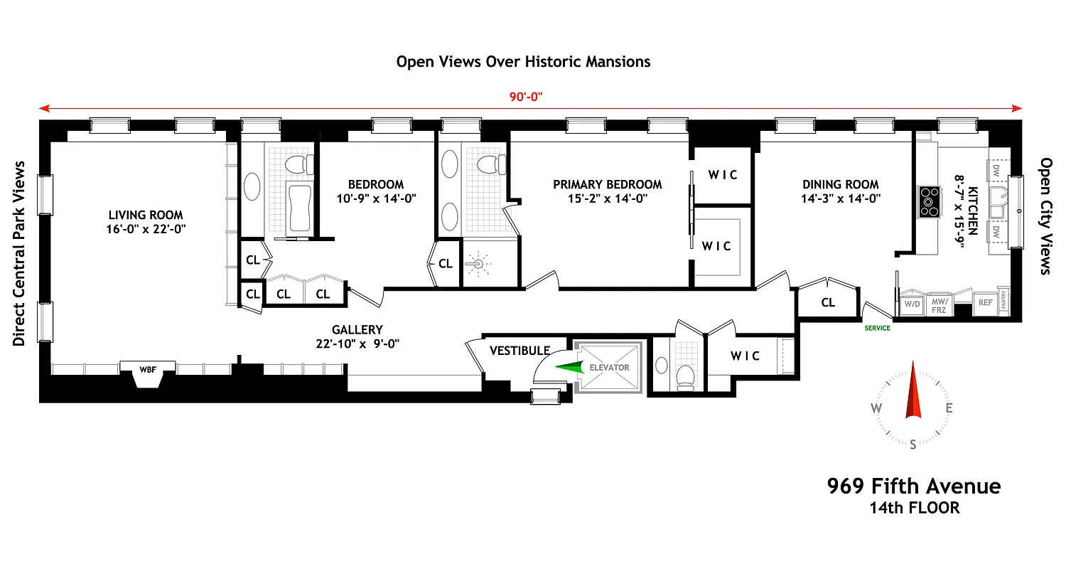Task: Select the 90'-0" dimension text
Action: (526, 97)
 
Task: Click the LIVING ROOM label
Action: (146, 215)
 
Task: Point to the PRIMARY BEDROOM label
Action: (608, 184)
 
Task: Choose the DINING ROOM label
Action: (841, 184)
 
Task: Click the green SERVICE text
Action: (877, 328)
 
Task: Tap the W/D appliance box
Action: (912, 303)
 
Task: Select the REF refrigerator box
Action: (985, 302)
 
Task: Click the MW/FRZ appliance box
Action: (940, 303)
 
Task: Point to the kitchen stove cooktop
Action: (929, 201)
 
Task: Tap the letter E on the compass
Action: (949, 408)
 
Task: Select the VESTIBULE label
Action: (519, 351)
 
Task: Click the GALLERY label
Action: (357, 330)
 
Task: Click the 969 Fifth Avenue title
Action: (914, 486)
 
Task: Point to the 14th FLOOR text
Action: (914, 508)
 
